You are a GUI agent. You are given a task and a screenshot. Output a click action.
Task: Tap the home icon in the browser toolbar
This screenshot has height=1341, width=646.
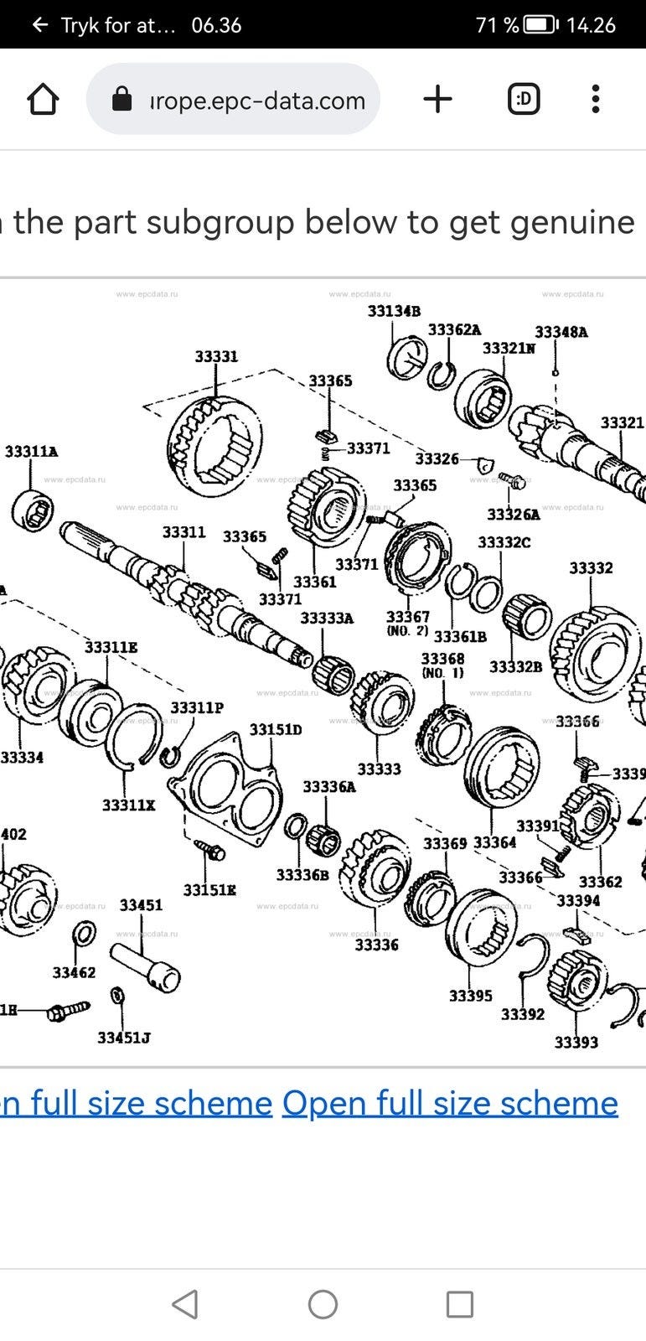pos(44,100)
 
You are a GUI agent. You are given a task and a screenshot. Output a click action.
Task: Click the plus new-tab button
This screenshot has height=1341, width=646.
pos(437,100)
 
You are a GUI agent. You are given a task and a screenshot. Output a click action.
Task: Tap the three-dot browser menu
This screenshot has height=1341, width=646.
pos(595,100)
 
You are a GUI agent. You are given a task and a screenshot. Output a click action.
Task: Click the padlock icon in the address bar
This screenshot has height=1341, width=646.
pos(122,100)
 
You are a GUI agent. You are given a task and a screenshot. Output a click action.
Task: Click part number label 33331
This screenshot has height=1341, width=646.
pos(216,356)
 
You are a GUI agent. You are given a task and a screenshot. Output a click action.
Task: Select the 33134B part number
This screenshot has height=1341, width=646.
pos(394,311)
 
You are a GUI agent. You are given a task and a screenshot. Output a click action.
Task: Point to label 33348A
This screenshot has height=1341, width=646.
pos(561,332)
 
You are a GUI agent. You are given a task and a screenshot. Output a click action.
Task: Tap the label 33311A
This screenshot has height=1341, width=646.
pos(32,452)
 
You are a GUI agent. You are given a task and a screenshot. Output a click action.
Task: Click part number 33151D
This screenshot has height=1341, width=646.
pos(276,730)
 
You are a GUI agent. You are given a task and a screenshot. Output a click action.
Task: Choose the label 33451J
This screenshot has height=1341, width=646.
pos(124,1038)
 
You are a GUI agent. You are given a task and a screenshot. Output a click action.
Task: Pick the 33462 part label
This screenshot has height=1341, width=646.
pos(74,972)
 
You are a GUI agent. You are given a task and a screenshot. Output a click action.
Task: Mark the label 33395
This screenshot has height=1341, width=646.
pos(470,996)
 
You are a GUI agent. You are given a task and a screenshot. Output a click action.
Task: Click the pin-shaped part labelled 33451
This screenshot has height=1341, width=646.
pos(146,964)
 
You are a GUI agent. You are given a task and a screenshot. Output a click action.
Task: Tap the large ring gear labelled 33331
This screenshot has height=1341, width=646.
pos(214,444)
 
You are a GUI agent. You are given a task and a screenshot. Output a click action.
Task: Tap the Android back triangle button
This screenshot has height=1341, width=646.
pos(184,1304)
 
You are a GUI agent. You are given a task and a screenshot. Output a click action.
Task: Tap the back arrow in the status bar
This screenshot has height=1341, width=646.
pos(39,25)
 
